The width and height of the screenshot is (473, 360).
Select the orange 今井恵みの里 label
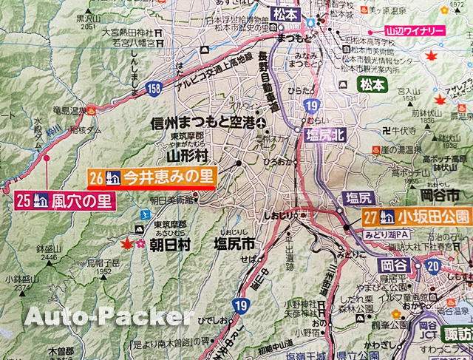(x=168, y=177)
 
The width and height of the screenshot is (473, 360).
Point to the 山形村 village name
(x=189, y=155)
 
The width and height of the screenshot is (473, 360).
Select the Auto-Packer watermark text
(x=110, y=318)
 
